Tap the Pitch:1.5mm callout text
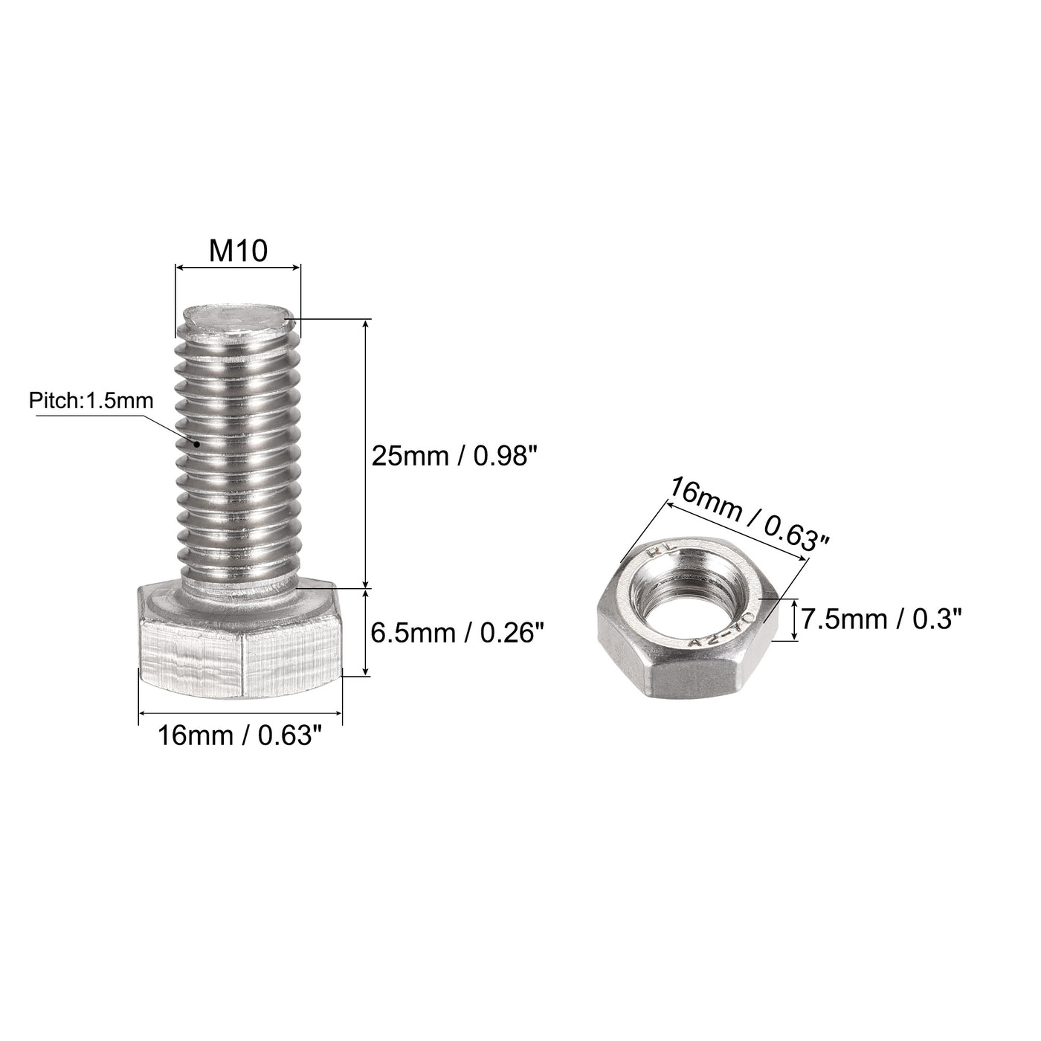tap(91, 402)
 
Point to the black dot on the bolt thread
tap(197, 443)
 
